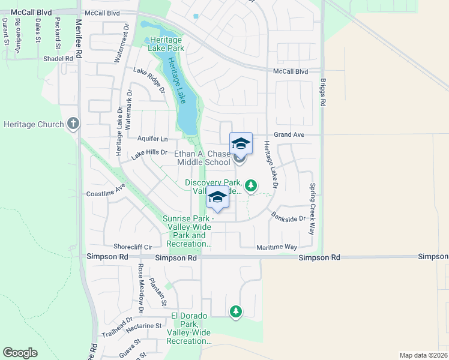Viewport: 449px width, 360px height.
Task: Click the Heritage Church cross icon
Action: [x=73, y=124]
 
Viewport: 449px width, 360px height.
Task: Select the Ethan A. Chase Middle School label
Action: [x=202, y=158]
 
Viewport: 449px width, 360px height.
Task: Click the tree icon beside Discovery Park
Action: [x=251, y=186]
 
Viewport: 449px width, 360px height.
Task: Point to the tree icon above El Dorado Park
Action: [x=236, y=311]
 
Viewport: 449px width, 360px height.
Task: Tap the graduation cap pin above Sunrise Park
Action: [x=217, y=197]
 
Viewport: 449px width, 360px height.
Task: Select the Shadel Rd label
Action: [x=58, y=58]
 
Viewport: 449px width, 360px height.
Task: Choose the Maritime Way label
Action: [x=277, y=247]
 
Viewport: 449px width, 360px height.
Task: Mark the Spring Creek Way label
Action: [x=312, y=209]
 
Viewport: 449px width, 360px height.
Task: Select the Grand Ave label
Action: [x=290, y=135]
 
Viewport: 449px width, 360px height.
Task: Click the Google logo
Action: [x=20, y=353]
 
